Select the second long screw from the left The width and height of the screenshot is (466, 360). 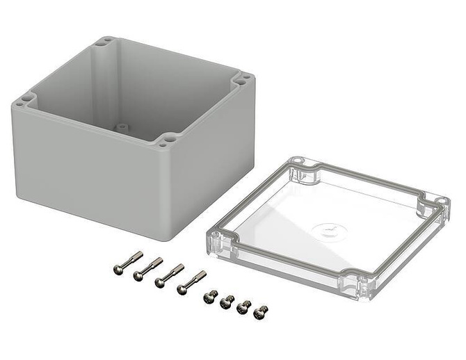(148, 268)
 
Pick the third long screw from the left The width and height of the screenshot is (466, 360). (169, 275)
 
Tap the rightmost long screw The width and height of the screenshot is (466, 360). (191, 281)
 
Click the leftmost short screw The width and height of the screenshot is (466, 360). (209, 296)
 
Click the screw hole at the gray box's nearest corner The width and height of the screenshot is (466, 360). (166, 141)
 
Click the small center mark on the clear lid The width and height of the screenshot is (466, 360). (328, 228)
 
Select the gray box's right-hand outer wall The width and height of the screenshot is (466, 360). (216, 153)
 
